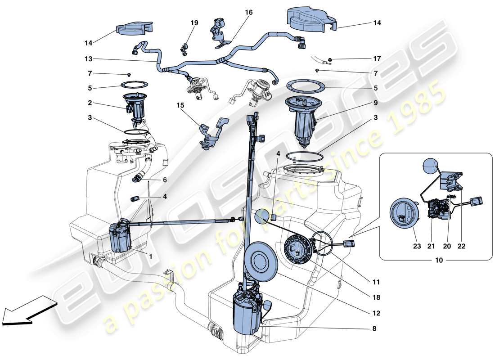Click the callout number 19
click(193, 22)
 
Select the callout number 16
click(249, 13)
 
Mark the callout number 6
click(165, 180)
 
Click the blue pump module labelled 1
click(120, 236)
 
